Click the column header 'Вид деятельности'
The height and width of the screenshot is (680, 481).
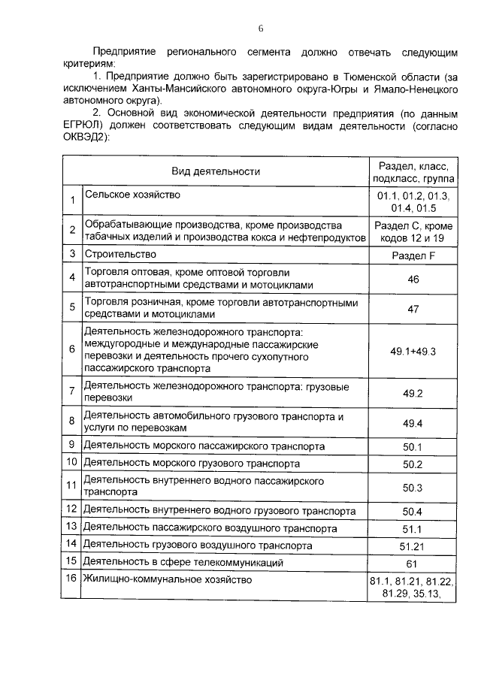[x=215, y=171]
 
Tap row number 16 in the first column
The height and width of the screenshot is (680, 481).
[x=71, y=579]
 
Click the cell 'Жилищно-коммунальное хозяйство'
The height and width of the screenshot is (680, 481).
[x=168, y=580]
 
